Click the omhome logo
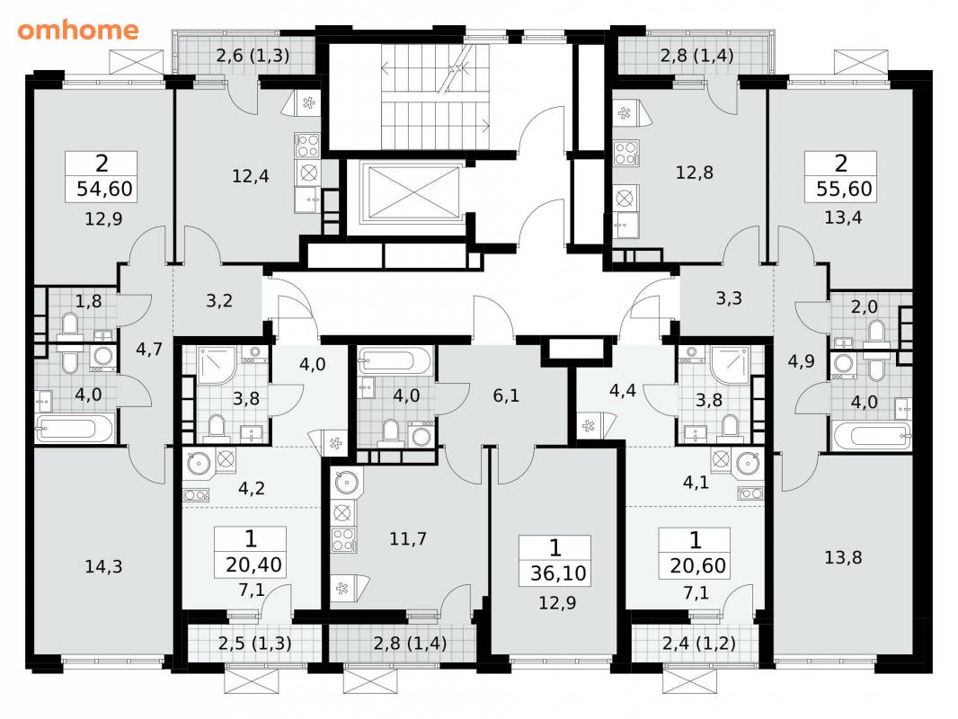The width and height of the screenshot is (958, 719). point(78,30)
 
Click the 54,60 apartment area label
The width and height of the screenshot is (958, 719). point(104,189)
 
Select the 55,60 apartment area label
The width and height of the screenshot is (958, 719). point(844,189)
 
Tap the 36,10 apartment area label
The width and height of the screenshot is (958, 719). point(558,573)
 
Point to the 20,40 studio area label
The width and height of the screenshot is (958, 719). point(253,564)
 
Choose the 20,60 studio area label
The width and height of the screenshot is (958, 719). point(697,565)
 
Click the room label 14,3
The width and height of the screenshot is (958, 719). point(103,567)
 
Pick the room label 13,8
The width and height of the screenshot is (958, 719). point(843,557)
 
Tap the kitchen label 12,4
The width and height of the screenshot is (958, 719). point(251,176)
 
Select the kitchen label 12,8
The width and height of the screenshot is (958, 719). point(695,173)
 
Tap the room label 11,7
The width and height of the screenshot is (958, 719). point(408,538)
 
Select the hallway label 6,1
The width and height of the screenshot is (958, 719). point(506,395)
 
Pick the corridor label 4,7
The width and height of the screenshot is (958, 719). point(149,350)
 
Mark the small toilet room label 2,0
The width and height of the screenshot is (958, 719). point(864,306)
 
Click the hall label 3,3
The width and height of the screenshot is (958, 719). point(729,298)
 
